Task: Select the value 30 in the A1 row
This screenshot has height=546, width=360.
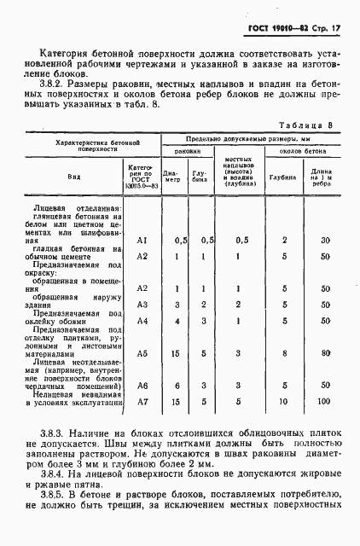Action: pyautogui.click(x=325, y=241)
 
